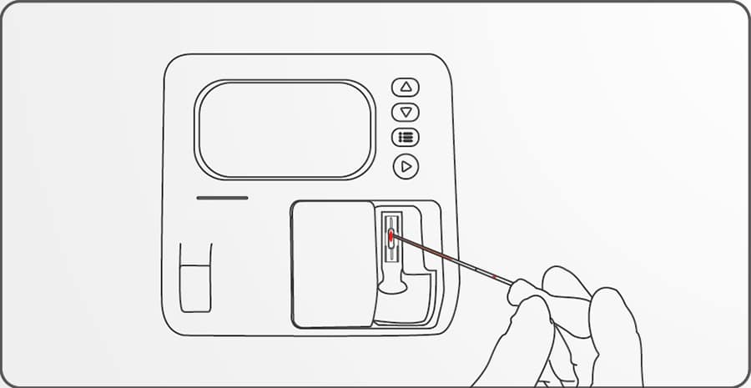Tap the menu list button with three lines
tap(406, 138)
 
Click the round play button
tap(406, 167)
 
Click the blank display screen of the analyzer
tap(285, 129)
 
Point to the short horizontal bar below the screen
tap(222, 198)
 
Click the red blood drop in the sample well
tap(391, 237)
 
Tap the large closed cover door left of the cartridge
tap(332, 263)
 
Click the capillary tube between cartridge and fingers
tap(451, 260)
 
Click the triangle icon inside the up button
tap(406, 87)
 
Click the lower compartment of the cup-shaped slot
tap(196, 289)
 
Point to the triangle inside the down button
tap(406, 113)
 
